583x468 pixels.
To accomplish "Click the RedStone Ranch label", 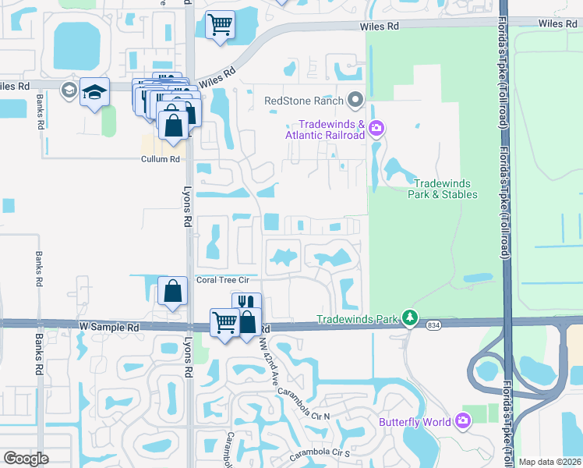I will [x=303, y=101].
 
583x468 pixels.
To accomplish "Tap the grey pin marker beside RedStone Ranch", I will [x=356, y=100].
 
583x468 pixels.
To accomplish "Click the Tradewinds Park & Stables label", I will [x=442, y=188].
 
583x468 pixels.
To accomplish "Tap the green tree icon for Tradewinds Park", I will [x=409, y=318].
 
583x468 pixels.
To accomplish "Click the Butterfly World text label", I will [x=415, y=422].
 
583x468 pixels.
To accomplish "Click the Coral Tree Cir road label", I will [x=222, y=280].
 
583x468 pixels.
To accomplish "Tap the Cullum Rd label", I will [x=161, y=159].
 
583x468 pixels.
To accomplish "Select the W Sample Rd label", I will [x=109, y=328].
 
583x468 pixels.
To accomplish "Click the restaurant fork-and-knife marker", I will [x=246, y=303].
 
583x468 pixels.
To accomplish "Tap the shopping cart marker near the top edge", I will [x=221, y=23].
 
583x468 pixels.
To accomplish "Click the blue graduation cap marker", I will [x=95, y=92].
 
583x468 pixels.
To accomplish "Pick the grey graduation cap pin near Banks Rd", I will [x=69, y=91].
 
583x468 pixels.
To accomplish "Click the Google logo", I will [x=26, y=459].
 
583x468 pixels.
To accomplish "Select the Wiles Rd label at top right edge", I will [x=556, y=25].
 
